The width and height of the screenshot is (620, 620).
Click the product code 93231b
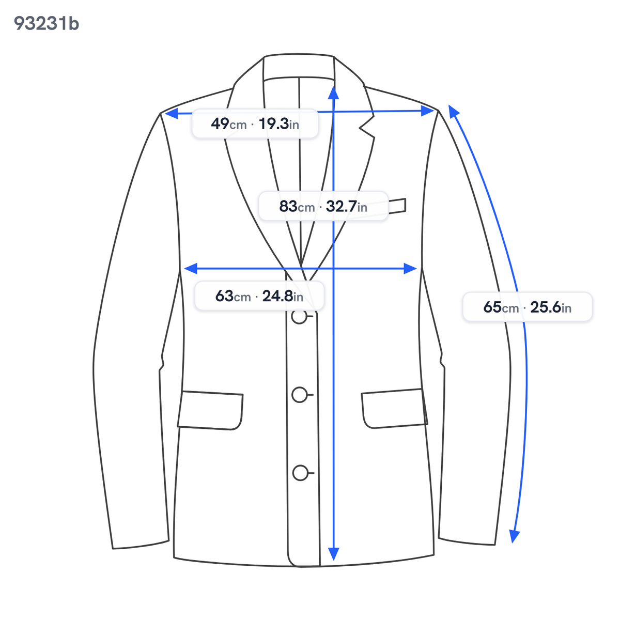[47, 24]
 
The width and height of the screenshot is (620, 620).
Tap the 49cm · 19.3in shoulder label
[255, 124]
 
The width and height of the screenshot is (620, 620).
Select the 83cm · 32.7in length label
[323, 206]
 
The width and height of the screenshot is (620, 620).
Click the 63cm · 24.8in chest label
[259, 296]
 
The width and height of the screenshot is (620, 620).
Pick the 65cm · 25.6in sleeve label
[528, 307]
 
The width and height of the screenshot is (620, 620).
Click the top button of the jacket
[299, 316]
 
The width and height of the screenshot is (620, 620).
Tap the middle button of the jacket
[300, 395]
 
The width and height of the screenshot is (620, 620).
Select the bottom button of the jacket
[301, 473]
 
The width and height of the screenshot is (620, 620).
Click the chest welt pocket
[397, 206]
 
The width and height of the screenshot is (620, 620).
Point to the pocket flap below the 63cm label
[210, 411]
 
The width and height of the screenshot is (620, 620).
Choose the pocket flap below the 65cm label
[394, 409]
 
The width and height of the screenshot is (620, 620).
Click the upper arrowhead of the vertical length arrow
[334, 92]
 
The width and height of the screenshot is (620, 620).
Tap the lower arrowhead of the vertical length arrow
[334, 554]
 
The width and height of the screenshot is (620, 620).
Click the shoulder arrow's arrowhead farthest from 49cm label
[428, 111]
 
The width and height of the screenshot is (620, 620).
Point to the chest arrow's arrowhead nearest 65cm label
[410, 268]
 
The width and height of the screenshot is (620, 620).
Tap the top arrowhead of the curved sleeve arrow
[453, 111]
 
